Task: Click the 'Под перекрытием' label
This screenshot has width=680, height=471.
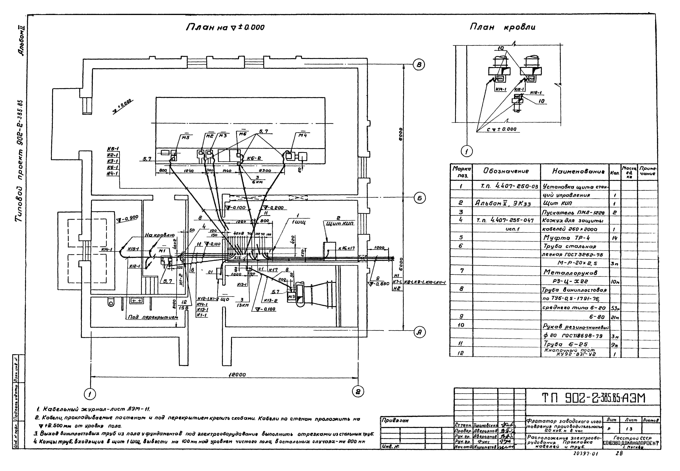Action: [153, 317]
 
